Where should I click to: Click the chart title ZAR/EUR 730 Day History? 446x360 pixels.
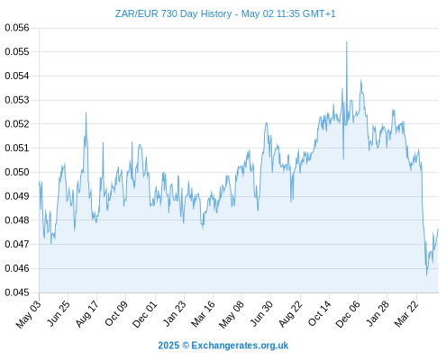pyautogui.click(x=173, y=13)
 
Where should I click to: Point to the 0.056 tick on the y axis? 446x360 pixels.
pyautogui.click(x=17, y=28)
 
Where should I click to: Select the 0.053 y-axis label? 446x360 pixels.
pyautogui.click(x=17, y=100)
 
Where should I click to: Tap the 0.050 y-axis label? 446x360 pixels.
pyautogui.click(x=17, y=172)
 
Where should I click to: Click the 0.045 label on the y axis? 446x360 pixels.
pyautogui.click(x=17, y=292)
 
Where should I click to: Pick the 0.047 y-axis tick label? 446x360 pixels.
pyautogui.click(x=17, y=244)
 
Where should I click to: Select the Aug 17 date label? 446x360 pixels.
pyautogui.click(x=86, y=314)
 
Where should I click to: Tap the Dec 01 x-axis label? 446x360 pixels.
pyautogui.click(x=145, y=314)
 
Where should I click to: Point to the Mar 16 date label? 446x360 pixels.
pyautogui.click(x=204, y=314)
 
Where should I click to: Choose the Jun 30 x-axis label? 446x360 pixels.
pyautogui.click(x=261, y=314)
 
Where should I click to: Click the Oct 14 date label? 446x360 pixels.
pyautogui.click(x=320, y=314)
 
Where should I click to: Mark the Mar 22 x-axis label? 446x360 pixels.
pyautogui.click(x=406, y=314)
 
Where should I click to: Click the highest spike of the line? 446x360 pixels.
pyautogui.click(x=347, y=41)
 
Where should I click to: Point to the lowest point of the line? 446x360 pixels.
pyautogui.click(x=426, y=274)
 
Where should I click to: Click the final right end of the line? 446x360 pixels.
pyautogui.click(x=438, y=229)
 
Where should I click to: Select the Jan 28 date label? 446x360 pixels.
pyautogui.click(x=378, y=314)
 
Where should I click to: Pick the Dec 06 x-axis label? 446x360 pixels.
pyautogui.click(x=348, y=314)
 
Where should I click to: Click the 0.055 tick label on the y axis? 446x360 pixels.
pyautogui.click(x=17, y=51)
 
